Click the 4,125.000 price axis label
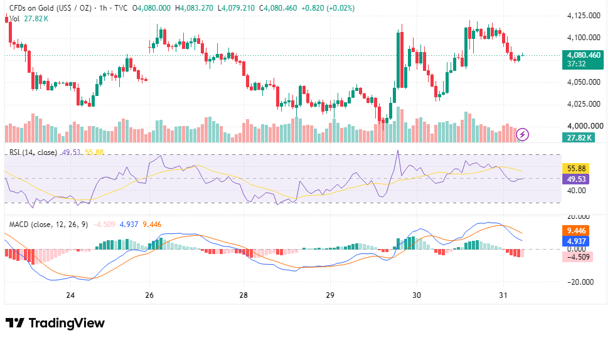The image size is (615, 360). [584, 16]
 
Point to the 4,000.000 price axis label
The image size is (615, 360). [585, 126]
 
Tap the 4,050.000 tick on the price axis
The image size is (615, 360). [584, 82]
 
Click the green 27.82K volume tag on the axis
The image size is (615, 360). [579, 137]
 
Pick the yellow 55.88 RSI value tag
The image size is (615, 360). [576, 169]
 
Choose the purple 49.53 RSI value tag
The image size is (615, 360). [576, 179]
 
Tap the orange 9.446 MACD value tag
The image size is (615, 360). [576, 231]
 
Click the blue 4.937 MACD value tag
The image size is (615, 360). [576, 241]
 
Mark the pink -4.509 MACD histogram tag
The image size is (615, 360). [577, 257]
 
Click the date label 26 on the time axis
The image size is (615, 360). [149, 295]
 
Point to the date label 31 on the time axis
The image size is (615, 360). [503, 295]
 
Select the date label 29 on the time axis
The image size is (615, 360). [330, 295]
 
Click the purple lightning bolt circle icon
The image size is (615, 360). [522, 134]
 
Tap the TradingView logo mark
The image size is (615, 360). [15, 323]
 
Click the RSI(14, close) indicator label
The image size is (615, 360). [33, 152]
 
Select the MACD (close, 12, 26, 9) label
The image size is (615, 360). [49, 225]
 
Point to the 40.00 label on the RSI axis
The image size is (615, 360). [577, 191]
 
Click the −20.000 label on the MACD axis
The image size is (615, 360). [580, 282]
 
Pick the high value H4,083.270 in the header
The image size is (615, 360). [195, 8]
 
